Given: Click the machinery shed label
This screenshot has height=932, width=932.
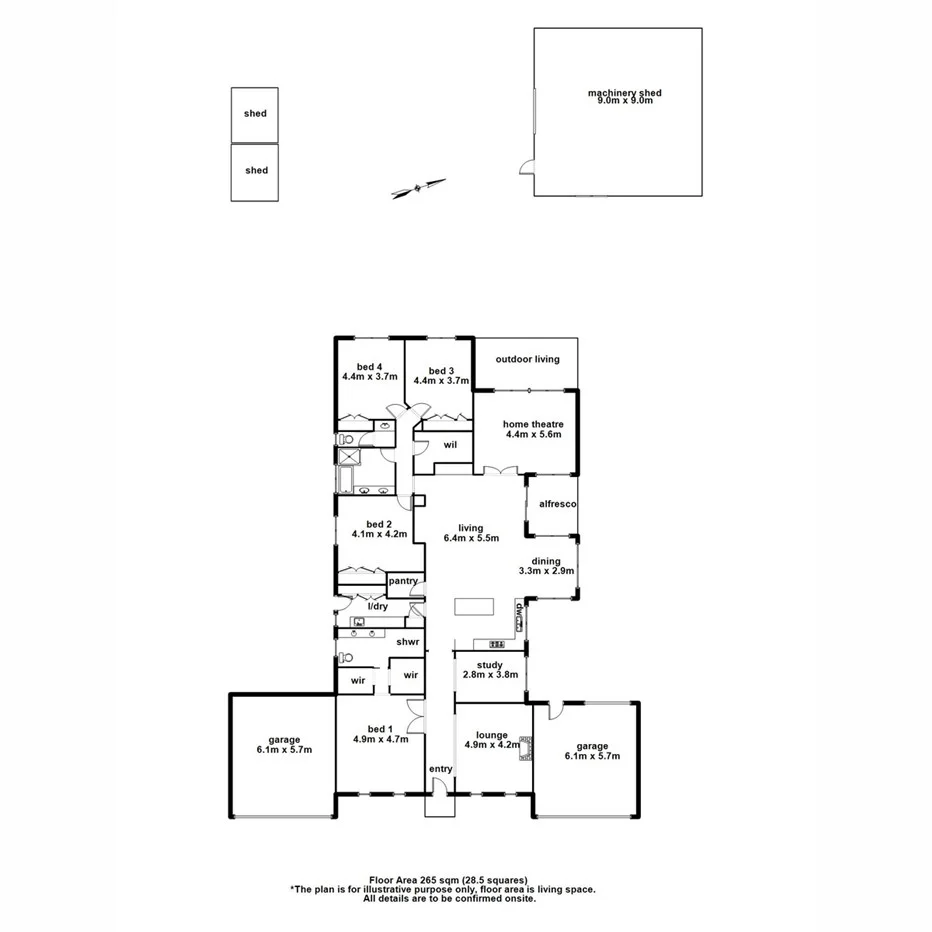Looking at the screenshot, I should (x=624, y=93).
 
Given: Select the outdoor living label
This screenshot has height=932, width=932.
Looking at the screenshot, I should (x=527, y=359).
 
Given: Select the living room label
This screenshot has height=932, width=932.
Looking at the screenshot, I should (x=470, y=528).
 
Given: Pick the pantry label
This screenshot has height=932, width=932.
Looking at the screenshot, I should (x=402, y=581).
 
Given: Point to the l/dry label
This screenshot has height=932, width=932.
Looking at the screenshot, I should (x=377, y=607).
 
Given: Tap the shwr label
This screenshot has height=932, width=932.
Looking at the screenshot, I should (x=407, y=641).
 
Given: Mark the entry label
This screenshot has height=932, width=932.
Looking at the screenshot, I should (x=441, y=769).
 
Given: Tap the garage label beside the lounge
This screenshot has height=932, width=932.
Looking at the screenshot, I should (x=593, y=746).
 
